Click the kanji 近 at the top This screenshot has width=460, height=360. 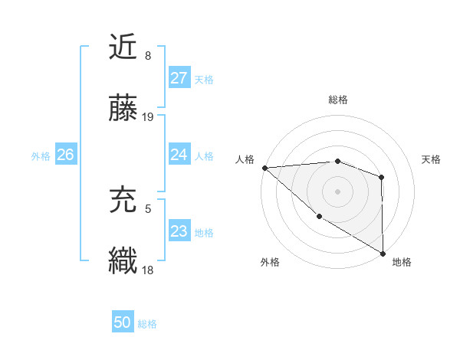coord(123,47)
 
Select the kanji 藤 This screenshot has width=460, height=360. coord(123,110)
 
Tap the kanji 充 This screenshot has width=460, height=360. coord(123,198)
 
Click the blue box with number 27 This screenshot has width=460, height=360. coord(179,78)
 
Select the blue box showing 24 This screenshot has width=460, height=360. coord(179,155)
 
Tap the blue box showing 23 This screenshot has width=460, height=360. coord(179,231)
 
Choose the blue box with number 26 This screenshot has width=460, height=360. coord(65,155)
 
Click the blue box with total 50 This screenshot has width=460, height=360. coord(123,322)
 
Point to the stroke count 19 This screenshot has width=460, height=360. coord(148,117)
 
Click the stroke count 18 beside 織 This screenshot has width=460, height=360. coord(148,270)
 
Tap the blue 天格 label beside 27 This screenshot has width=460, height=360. coord(204,79)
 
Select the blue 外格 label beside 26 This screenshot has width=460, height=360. coord(41,155)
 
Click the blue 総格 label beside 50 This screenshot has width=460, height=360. coord(147,323)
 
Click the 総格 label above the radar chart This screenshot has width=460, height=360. coord(338,100)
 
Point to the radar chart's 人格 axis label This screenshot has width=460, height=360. coord(245,159)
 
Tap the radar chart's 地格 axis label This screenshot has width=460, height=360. coord(402,262)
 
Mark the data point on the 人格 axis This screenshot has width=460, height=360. coord(264,168)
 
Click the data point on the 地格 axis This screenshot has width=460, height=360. coord(383,253)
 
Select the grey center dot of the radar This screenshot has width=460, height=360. coord(338,191)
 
